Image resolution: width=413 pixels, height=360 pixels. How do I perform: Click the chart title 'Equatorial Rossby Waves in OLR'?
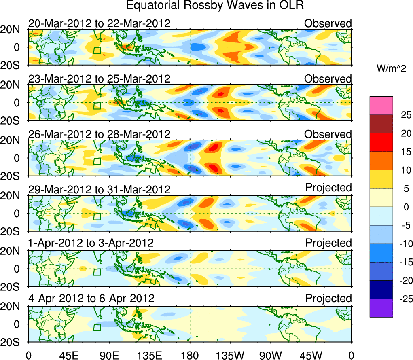click(215, 6)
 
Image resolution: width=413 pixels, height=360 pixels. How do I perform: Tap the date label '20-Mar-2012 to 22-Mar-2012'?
click(99, 23)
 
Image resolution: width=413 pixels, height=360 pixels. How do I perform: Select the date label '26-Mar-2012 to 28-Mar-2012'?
click(99, 134)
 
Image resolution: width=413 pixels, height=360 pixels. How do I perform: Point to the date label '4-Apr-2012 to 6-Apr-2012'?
click(91, 299)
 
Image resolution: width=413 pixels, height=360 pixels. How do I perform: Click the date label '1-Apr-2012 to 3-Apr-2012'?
click(91, 243)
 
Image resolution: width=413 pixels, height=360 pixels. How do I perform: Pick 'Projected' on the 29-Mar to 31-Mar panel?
click(328, 188)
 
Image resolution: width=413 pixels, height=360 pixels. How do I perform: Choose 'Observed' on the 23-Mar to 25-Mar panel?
click(328, 78)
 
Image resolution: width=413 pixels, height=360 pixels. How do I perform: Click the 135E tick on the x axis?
click(149, 355)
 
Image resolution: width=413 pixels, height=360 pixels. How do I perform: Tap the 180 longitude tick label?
click(190, 355)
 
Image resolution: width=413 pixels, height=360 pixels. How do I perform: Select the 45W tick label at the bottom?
click(311, 355)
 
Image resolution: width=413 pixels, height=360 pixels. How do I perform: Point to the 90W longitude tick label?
click(271, 355)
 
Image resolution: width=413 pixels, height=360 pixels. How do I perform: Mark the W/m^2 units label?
click(392, 69)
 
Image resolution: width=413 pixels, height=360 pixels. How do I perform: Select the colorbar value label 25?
click(405, 115)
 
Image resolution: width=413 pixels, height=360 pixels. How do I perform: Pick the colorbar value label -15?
click(403, 262)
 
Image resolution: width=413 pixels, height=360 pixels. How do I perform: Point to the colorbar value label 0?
click(405, 207)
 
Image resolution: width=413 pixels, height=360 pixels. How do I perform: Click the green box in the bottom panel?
click(97, 327)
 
